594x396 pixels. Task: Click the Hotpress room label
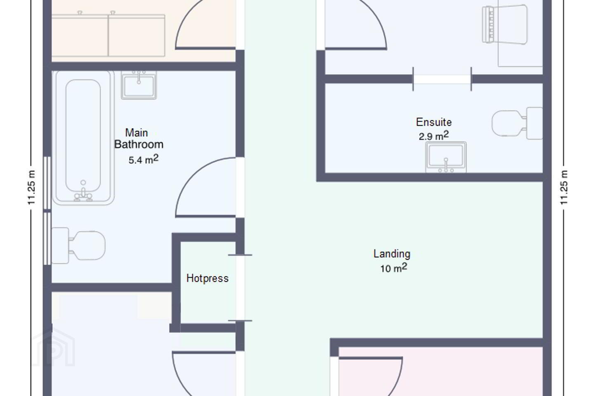(207, 278)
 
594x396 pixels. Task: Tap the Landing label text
(392, 254)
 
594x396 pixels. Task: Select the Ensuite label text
(434, 122)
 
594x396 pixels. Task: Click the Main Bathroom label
(139, 139)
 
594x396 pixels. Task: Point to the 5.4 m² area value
(144, 159)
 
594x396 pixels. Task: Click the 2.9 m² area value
(434, 136)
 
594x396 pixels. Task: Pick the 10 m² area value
(394, 268)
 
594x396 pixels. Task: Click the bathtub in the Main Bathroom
(83, 138)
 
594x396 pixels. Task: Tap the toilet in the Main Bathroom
(78, 245)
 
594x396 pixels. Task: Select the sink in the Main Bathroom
(139, 85)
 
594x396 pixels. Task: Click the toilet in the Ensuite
(517, 123)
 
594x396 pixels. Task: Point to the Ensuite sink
(446, 157)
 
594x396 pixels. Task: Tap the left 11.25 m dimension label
(31, 188)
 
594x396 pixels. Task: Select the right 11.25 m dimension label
(564, 188)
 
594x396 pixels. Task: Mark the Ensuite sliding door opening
(442, 79)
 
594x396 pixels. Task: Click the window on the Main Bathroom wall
(47, 211)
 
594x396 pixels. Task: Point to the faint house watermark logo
(53, 348)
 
